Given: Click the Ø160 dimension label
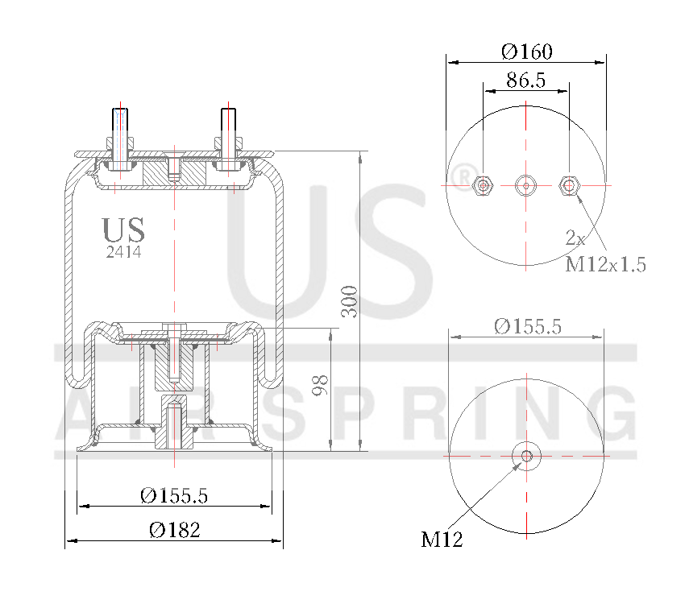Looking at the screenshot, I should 526,52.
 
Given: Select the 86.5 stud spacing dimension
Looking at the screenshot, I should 526,80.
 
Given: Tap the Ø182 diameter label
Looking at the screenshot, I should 174,530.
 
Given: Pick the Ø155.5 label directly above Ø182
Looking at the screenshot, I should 174,496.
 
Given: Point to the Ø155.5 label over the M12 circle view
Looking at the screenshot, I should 528,326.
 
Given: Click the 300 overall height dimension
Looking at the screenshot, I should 350,300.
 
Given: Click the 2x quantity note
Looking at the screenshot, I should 575,238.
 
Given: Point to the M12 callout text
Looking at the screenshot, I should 442,539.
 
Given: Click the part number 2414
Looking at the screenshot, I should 124,252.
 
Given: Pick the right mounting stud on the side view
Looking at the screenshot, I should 228,138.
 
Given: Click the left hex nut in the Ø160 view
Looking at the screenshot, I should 483,185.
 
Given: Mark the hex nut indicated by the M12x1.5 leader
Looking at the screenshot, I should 570,185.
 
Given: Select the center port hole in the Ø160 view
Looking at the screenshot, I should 526,185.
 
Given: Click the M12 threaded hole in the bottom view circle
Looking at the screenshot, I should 527,456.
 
